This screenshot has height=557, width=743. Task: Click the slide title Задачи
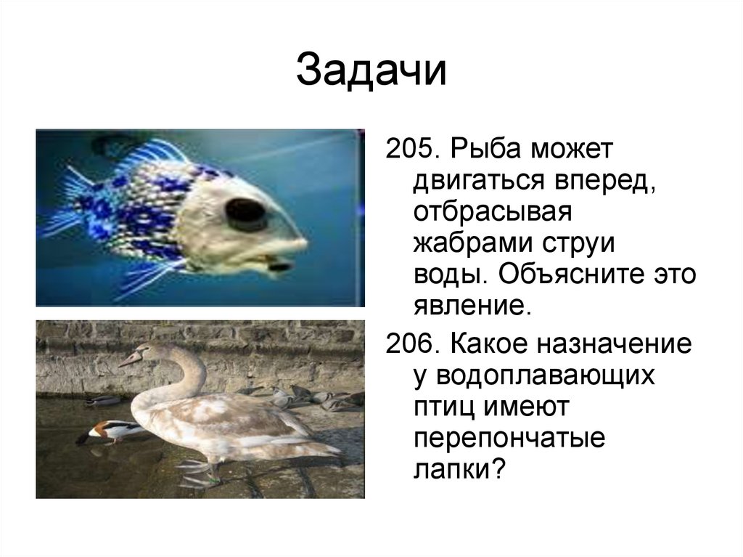[x=371, y=71]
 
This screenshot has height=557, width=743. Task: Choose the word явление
[x=468, y=305]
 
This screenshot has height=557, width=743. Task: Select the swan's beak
[x=131, y=359]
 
